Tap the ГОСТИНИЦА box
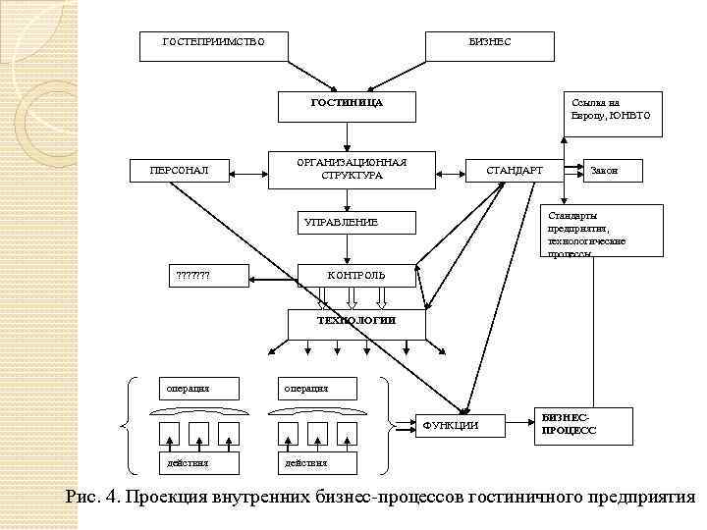(x=346, y=103)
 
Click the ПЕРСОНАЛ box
(x=178, y=171)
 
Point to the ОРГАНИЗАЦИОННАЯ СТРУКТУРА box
(x=352, y=169)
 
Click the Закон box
(x=613, y=171)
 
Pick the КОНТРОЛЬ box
(x=355, y=276)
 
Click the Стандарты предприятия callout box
(x=592, y=234)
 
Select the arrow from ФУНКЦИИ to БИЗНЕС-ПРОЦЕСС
(x=518, y=425)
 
